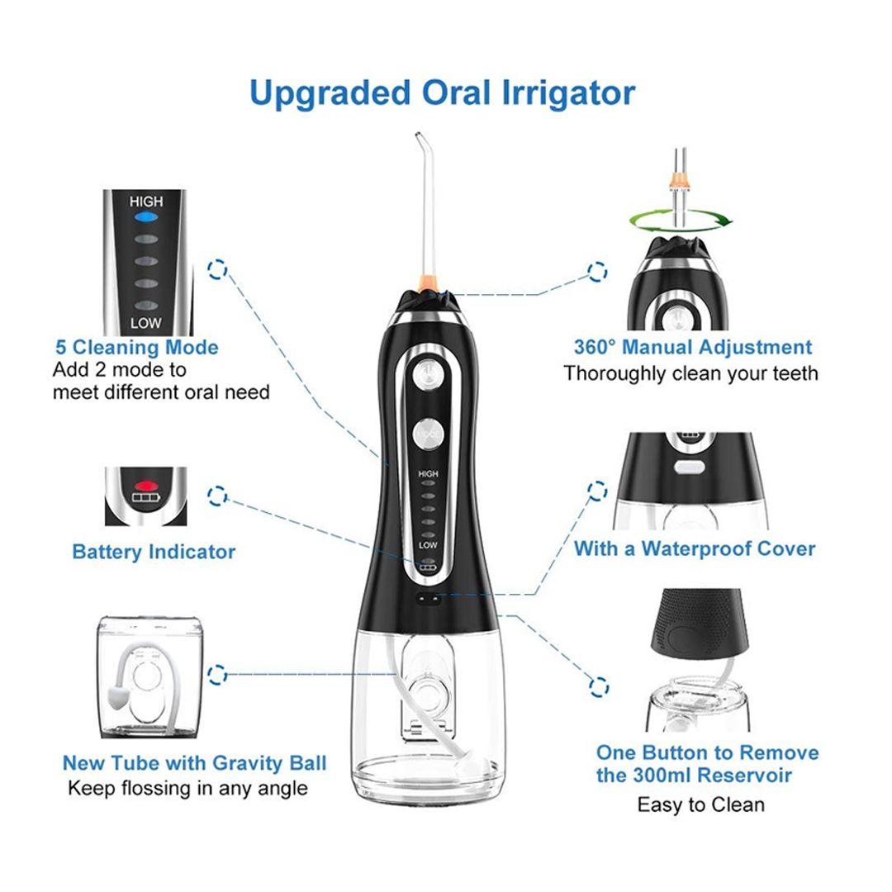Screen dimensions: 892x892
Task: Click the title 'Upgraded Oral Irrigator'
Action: point(442,93)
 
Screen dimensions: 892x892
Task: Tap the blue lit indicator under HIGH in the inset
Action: point(146,217)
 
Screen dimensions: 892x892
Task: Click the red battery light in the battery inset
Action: point(145,486)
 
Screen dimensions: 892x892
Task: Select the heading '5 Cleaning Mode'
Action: point(136,348)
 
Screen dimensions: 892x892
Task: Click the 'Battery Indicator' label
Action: point(154,552)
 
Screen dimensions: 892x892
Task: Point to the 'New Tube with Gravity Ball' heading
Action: point(195,763)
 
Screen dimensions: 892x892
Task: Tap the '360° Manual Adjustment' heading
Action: point(693,347)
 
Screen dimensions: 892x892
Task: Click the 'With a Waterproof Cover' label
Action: point(695,549)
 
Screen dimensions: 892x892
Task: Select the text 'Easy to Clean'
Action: point(701,805)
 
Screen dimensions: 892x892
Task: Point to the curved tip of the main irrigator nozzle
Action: point(418,135)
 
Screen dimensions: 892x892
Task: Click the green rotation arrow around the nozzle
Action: point(681,221)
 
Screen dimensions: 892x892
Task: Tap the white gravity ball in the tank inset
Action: point(116,698)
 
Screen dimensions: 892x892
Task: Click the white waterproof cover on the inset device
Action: point(689,467)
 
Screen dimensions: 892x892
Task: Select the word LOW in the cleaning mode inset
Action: point(145,323)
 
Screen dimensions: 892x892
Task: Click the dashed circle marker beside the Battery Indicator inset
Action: point(217,496)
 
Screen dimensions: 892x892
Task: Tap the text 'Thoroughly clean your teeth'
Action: point(690,374)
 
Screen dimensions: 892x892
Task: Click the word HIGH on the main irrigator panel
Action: point(428,473)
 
